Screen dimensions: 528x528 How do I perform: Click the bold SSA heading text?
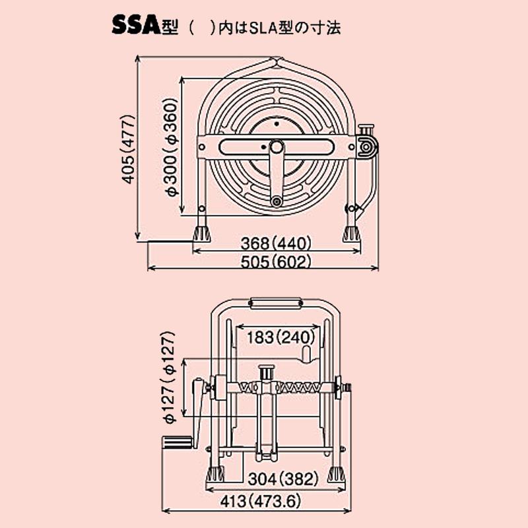coord(135,26)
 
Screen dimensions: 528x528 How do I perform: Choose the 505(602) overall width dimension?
coord(277,261)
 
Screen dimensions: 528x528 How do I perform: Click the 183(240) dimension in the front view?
coord(279,337)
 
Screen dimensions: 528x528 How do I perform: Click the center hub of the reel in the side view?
coord(276,147)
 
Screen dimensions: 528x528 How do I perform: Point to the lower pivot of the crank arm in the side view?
coord(277,201)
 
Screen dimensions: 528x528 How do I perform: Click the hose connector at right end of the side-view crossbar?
coord(366,147)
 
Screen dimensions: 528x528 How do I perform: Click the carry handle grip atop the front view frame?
coord(276,304)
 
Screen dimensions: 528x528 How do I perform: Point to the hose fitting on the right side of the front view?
coord(345,389)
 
